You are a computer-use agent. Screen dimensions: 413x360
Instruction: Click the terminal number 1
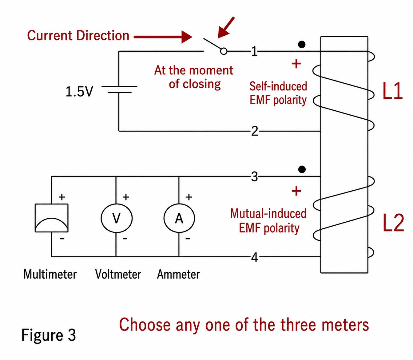pyautogui.click(x=254, y=51)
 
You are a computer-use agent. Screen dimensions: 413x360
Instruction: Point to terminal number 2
pyautogui.click(x=255, y=131)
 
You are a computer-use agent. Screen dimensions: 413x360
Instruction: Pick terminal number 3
pyautogui.click(x=254, y=176)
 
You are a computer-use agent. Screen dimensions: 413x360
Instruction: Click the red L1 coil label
pyautogui.click(x=392, y=91)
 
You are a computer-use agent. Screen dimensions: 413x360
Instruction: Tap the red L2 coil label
pyautogui.click(x=393, y=223)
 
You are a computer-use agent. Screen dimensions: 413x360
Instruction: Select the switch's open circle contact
pyautogui.click(x=224, y=51)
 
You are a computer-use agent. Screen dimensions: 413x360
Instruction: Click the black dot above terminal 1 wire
pyautogui.click(x=302, y=44)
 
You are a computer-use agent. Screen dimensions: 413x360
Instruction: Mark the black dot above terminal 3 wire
pyautogui.click(x=302, y=169)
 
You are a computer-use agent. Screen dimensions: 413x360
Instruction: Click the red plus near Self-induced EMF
pyautogui.click(x=296, y=64)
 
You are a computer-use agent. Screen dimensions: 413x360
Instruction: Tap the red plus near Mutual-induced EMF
pyautogui.click(x=296, y=191)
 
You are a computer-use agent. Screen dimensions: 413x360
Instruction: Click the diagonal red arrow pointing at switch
pyautogui.click(x=226, y=27)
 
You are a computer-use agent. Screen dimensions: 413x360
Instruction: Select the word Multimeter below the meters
pyautogui.click(x=50, y=275)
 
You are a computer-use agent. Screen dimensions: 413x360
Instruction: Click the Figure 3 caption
pyautogui.click(x=49, y=335)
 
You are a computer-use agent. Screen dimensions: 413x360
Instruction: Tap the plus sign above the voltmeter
pyautogui.click(x=126, y=197)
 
